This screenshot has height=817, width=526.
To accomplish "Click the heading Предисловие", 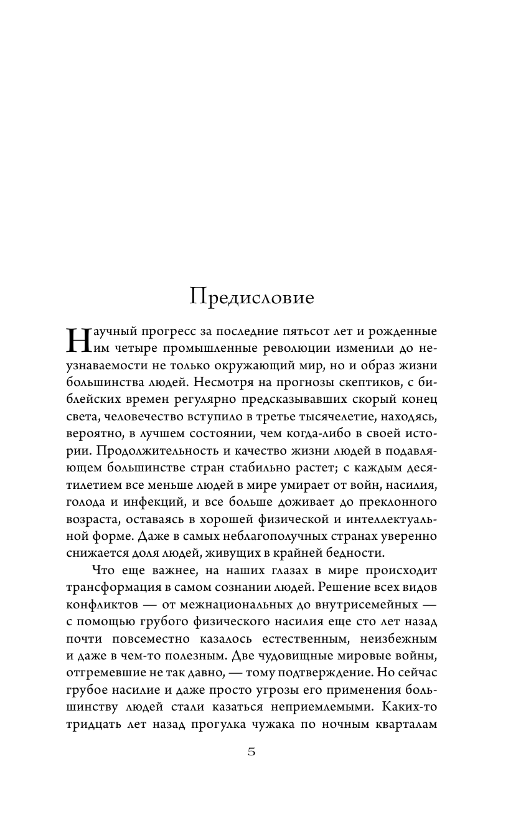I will pos(252,296).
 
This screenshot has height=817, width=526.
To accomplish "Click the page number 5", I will pos(251,752).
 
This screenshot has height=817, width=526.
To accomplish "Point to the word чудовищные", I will pos(306,655).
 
